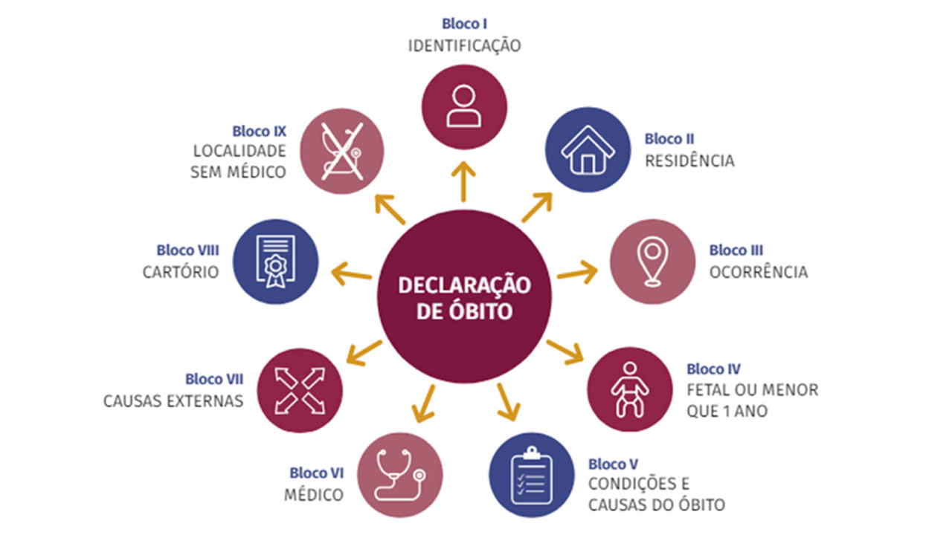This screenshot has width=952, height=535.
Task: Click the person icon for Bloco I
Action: (x=464, y=106)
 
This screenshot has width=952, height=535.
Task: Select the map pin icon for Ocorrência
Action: (x=652, y=262)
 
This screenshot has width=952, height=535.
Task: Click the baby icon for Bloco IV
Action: (x=629, y=389)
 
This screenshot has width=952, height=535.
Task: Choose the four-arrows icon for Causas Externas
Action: (x=300, y=390)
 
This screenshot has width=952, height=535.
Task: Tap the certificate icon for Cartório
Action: (x=275, y=262)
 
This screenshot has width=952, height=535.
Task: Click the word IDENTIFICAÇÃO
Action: (x=464, y=45)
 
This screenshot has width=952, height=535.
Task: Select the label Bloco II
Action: (x=669, y=139)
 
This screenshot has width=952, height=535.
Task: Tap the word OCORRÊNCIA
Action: (x=758, y=273)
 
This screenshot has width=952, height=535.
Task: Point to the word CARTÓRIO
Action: (x=181, y=273)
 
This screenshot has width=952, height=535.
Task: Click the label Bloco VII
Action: (x=214, y=380)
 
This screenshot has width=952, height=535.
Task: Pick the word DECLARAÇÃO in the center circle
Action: (x=464, y=286)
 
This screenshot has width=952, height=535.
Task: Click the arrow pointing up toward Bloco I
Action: (x=464, y=181)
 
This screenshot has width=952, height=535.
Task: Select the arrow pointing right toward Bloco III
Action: (x=577, y=272)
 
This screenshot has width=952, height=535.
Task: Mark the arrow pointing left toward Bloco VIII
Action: (x=351, y=272)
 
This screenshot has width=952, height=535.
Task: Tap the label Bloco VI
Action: (x=317, y=473)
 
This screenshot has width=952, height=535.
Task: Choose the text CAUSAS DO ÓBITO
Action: (x=656, y=506)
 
